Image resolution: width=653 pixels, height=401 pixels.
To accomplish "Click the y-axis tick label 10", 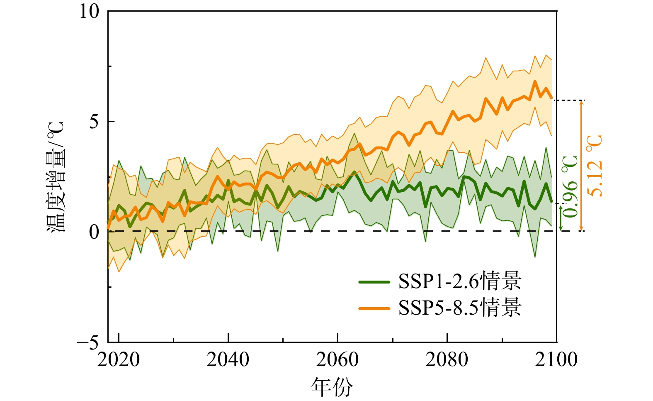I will click(90, 12).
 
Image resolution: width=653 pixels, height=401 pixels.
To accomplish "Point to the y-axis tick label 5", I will click(95, 122).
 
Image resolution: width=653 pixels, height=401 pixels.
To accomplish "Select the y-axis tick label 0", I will click(95, 232).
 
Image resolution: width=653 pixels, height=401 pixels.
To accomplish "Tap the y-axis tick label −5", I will click(88, 343).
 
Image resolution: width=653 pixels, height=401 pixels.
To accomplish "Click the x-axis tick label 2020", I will click(119, 359).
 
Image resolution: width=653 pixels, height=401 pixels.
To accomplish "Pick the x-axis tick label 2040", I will click(228, 359).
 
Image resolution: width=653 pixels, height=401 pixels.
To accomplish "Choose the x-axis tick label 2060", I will click(337, 359).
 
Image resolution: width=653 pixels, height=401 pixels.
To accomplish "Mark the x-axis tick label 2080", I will click(447, 359).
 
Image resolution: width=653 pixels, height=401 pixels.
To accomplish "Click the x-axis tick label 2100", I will click(556, 359).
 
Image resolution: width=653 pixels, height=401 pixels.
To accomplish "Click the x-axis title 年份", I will click(332, 387).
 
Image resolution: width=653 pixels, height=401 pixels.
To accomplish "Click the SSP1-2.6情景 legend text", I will click(459, 282).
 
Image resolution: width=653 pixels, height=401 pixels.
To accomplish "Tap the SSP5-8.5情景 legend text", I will click(459, 308).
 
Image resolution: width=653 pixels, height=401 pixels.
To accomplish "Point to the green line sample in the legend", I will click(374, 282).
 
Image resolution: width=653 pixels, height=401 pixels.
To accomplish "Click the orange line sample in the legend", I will click(374, 308).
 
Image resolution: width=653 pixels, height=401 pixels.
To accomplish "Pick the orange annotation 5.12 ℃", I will click(595, 166).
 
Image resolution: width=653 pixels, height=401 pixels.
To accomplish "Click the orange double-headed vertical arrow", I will click(581, 166).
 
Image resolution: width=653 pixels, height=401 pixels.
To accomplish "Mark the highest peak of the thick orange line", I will click(535, 81).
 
